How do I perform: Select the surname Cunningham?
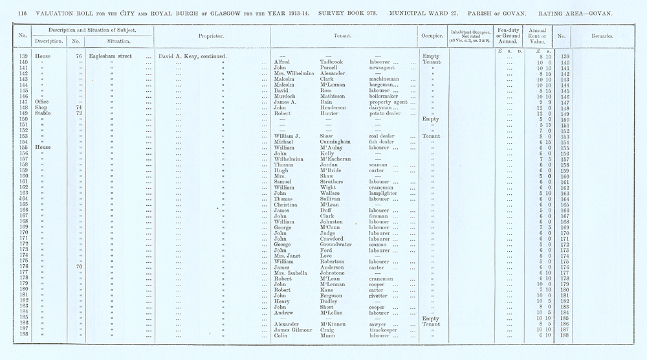(x=338, y=142)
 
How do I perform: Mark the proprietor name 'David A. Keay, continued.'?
(x=192, y=56)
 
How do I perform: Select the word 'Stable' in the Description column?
(x=42, y=114)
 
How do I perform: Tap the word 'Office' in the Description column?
(x=42, y=102)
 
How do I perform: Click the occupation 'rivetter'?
(x=380, y=297)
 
